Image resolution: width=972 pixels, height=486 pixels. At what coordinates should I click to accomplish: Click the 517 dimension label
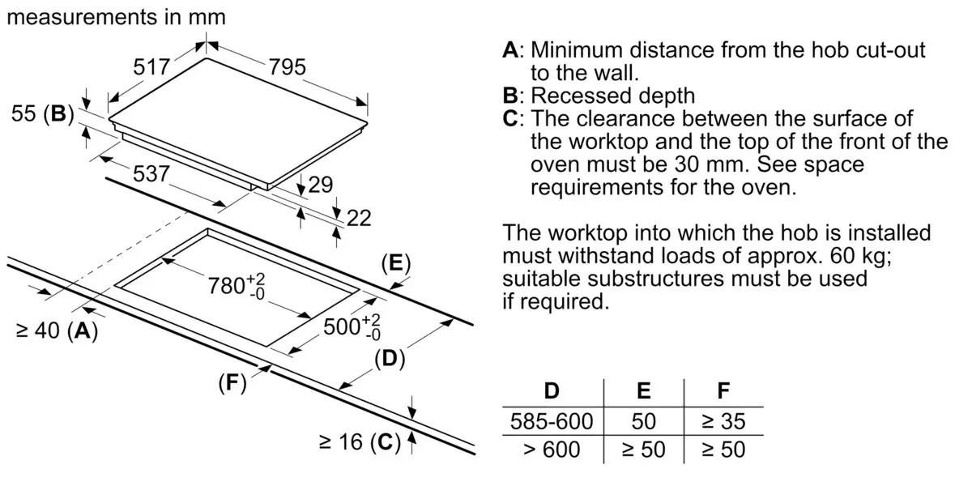coord(151,66)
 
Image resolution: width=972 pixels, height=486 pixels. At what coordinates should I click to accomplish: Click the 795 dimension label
coord(288,66)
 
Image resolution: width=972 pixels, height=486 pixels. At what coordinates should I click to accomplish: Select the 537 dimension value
coord(151,173)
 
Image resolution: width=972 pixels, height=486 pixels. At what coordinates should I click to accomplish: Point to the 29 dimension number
coord(320,185)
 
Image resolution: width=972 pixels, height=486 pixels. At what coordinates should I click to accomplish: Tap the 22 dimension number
coord(359,218)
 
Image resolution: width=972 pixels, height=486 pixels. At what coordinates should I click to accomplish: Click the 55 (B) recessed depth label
coord(42,114)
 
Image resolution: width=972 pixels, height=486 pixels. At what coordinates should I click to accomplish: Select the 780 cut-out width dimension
coord(237,285)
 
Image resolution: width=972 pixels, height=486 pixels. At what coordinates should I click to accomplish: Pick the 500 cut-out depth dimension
coord(352,326)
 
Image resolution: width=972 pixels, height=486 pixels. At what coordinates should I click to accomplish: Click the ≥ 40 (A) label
coord(57,330)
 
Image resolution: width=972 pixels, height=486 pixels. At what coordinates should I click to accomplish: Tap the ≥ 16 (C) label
coord(360,442)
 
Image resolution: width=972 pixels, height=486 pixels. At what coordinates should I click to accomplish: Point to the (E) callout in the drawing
coord(396,263)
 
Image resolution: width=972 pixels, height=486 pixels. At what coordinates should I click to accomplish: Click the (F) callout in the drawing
coord(232,383)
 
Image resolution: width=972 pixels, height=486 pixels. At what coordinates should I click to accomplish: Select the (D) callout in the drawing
coord(390,359)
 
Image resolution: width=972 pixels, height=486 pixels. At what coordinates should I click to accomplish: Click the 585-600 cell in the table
coord(552,421)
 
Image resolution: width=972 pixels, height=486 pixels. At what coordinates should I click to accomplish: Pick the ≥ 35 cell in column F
coord(723,421)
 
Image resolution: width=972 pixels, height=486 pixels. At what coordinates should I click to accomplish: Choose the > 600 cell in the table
coord(552,450)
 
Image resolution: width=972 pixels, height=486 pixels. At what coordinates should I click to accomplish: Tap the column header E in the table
coord(643,390)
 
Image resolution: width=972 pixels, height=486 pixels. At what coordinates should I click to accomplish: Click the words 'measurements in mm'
coord(117,17)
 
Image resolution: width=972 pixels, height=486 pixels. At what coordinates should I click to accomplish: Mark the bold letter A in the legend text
coord(511,50)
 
